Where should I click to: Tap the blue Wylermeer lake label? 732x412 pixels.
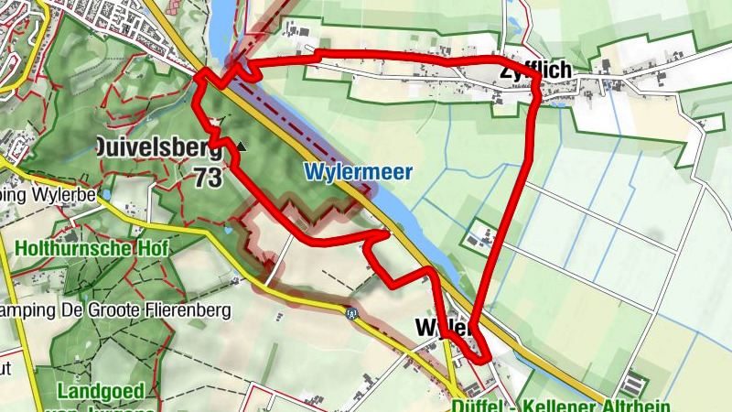(359, 171)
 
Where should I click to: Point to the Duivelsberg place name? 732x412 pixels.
(158, 146)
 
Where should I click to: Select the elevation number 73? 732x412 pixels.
(208, 178)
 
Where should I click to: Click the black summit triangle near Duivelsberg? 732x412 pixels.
(242, 145)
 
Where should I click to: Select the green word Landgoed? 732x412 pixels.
(101, 392)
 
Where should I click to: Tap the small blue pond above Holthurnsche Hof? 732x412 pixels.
(107, 195)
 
